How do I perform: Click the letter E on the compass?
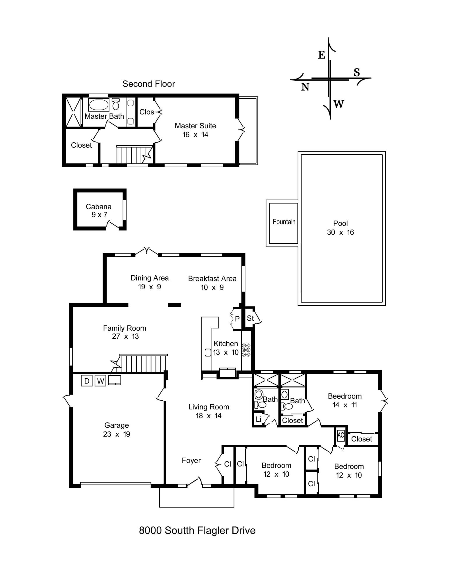coord(322,55)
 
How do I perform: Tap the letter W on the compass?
coord(339,104)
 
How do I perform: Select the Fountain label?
coord(284,222)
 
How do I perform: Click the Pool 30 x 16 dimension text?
coord(340,232)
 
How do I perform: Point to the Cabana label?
coord(98,207)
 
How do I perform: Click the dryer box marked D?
coord(87,381)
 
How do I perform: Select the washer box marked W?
coord(100,381)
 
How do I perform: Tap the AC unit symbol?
coord(341,435)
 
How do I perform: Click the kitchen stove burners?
coord(246,350)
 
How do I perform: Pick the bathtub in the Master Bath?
coord(99,105)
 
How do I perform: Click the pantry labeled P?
coord(237,319)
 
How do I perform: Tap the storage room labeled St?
coord(250,318)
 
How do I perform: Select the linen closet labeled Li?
coord(258,419)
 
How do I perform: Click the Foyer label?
coord(191,460)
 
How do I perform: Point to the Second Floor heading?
coord(149,84)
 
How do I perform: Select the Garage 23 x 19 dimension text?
coord(117,434)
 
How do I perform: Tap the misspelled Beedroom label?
coord(345,396)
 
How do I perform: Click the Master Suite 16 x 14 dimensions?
coord(195,134)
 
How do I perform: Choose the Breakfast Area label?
coord(212,278)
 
